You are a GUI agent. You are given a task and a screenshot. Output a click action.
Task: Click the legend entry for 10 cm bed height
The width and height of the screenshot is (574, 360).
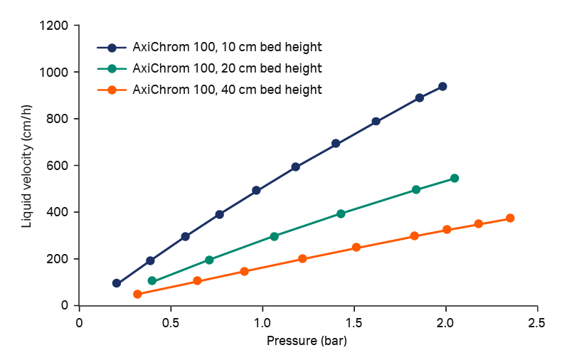click(x=227, y=48)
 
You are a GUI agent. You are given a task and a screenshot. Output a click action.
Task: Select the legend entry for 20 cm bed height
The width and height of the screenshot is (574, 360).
click(x=227, y=68)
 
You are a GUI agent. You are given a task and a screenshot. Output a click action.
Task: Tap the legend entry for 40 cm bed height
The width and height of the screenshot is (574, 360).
click(x=227, y=90)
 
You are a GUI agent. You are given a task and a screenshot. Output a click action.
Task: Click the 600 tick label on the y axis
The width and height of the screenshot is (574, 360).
click(x=60, y=166)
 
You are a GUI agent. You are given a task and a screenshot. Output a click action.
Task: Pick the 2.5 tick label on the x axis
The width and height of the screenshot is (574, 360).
click(x=537, y=322)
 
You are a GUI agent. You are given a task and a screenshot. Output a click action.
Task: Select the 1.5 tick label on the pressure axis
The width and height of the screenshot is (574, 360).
click(x=354, y=322)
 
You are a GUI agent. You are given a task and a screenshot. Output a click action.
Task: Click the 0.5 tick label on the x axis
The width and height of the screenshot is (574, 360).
click(x=171, y=322)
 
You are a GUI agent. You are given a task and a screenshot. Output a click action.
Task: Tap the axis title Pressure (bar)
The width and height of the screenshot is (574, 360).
click(x=307, y=340)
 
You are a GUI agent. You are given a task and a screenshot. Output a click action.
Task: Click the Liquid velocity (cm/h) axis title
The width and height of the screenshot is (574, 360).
click(x=27, y=165)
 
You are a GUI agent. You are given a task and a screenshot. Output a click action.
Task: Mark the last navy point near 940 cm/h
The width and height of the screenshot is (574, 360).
click(x=442, y=86)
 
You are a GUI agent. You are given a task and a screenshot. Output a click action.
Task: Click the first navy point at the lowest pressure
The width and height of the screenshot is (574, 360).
click(x=117, y=283)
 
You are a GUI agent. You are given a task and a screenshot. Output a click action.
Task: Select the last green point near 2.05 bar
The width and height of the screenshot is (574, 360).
click(x=455, y=178)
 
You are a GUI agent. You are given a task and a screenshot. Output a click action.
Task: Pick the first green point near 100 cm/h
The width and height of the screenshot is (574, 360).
click(x=152, y=281)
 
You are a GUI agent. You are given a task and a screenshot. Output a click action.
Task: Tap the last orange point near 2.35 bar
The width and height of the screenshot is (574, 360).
click(x=510, y=218)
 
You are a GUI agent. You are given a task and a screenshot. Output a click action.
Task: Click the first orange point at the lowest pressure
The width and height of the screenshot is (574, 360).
click(x=137, y=294)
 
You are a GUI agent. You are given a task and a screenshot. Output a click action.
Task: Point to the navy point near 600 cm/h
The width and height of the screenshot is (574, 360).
click(x=296, y=167)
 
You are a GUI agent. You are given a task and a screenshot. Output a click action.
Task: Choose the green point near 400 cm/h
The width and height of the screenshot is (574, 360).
click(x=341, y=213)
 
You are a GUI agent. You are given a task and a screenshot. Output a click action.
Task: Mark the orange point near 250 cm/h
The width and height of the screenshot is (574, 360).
click(x=356, y=248)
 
